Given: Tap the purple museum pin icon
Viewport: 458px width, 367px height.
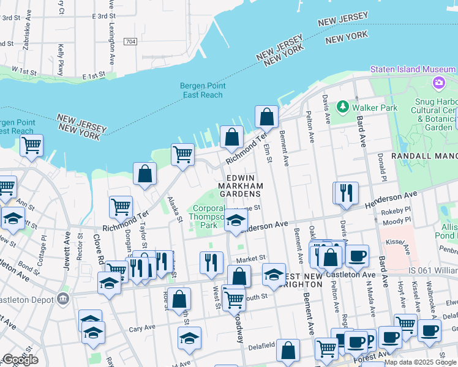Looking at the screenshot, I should coord(438,83).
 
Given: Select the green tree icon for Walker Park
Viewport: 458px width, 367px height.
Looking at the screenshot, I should coord(345,108).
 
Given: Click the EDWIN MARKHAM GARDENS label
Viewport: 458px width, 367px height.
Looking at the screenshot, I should coord(241,185).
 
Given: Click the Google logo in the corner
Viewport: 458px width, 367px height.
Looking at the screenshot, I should coord(20,360).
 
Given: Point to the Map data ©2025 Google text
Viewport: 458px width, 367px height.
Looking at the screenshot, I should coord(419,362).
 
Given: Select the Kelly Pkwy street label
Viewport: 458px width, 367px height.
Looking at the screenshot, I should coord(61,59).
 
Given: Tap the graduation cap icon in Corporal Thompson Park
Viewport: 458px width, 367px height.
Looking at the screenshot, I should coord(235,221).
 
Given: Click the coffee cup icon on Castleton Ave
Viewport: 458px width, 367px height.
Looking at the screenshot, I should coord(357,255).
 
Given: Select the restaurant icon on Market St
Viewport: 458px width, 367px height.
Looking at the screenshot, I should coord(211,262).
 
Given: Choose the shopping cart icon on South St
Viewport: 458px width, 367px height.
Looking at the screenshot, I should coord(233,299).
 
